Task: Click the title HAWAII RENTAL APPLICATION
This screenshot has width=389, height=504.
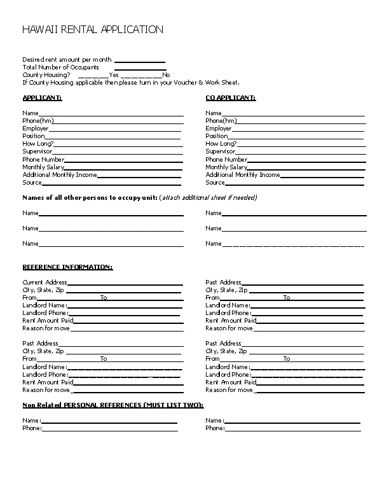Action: click(x=93, y=29)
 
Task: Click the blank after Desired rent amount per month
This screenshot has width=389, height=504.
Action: click(x=139, y=61)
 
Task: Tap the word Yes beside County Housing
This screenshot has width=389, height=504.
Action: click(x=114, y=75)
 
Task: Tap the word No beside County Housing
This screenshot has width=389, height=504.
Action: click(x=166, y=75)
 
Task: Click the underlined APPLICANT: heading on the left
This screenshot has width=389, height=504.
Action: click(x=43, y=98)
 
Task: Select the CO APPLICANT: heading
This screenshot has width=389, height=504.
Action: click(x=230, y=98)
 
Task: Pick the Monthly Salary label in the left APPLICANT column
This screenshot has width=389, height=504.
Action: click(x=43, y=167)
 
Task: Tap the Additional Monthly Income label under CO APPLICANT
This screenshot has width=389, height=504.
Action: click(x=242, y=175)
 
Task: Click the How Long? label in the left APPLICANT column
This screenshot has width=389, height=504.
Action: click(x=38, y=144)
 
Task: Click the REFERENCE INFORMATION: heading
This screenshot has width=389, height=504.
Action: click(x=67, y=267)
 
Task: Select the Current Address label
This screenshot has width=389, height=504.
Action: click(x=44, y=283)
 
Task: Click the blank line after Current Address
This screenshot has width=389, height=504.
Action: click(x=124, y=284)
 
